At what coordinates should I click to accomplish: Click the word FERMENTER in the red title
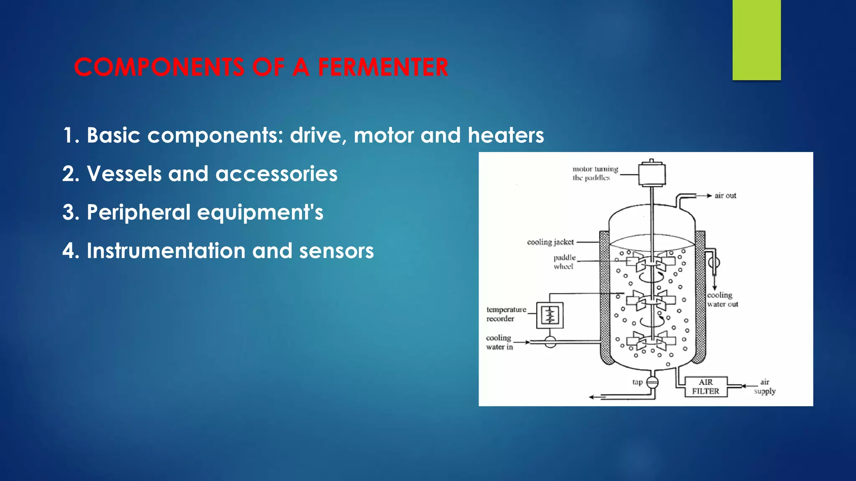[x=383, y=67]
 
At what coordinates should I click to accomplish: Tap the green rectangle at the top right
[x=757, y=40]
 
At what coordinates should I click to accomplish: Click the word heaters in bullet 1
[x=506, y=136]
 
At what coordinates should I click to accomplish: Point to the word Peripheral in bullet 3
[x=138, y=213]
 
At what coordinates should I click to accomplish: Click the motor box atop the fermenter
[x=652, y=174]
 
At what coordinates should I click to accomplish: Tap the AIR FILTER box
[x=706, y=387]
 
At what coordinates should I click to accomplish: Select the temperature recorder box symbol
[x=550, y=315]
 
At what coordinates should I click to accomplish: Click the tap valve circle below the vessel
[x=652, y=382]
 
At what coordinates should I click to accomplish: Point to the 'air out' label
[x=725, y=196]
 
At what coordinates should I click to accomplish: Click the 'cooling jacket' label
[x=550, y=242]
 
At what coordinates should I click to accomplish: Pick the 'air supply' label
[x=764, y=387]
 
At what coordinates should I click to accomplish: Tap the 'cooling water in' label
[x=499, y=342]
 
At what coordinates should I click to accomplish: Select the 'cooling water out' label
[x=722, y=300]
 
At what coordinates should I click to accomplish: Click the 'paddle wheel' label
[x=564, y=262]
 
